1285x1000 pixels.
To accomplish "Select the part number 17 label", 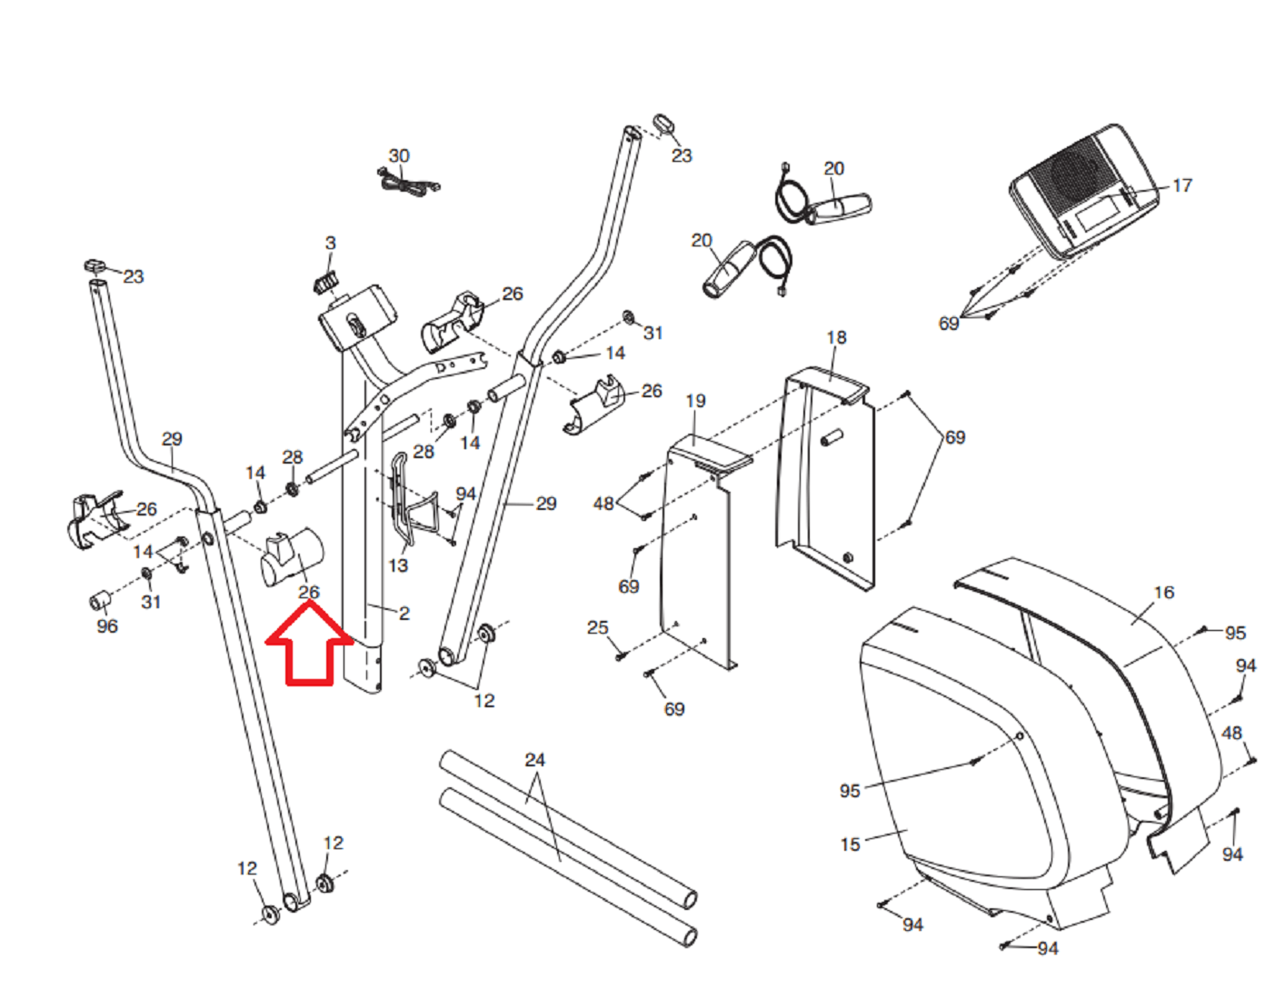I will (1181, 185).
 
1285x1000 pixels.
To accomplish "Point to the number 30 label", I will (399, 156).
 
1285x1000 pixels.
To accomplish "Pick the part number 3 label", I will (330, 244).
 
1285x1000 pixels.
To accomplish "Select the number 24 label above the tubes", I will (535, 760).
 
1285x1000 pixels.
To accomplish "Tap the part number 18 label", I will (836, 337).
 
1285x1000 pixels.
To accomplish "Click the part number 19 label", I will (695, 401).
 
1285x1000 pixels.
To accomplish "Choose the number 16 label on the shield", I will (1163, 593).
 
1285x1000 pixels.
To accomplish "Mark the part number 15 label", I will (850, 845).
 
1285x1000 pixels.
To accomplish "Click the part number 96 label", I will (107, 626).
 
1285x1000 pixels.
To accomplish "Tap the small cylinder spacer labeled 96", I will (99, 600).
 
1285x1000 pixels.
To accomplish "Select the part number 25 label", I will (597, 628).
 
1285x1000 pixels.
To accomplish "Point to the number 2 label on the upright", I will (403, 614).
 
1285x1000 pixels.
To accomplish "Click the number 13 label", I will (398, 565).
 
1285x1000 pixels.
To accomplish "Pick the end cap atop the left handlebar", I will (95, 265).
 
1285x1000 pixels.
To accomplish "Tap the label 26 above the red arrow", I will (309, 592).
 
